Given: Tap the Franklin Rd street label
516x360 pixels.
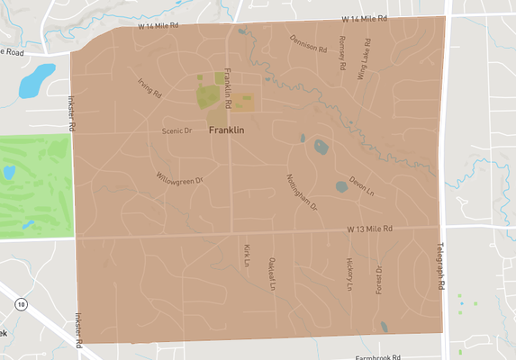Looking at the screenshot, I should click(x=229, y=90).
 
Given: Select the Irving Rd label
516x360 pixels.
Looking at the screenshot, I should click(x=149, y=86).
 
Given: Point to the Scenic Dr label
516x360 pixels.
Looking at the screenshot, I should click(x=177, y=130).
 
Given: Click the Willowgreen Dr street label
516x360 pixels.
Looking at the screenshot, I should click(x=180, y=178).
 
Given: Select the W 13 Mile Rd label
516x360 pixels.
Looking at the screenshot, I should click(x=371, y=230).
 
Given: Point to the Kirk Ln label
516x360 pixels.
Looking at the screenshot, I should click(x=246, y=255).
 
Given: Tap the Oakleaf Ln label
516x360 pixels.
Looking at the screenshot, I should click(x=271, y=274).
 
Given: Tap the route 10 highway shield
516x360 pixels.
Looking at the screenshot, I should click(x=21, y=305).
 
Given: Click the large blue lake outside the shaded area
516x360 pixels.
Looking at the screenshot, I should click(x=37, y=80).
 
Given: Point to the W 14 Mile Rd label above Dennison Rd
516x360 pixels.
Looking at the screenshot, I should click(x=363, y=18).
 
